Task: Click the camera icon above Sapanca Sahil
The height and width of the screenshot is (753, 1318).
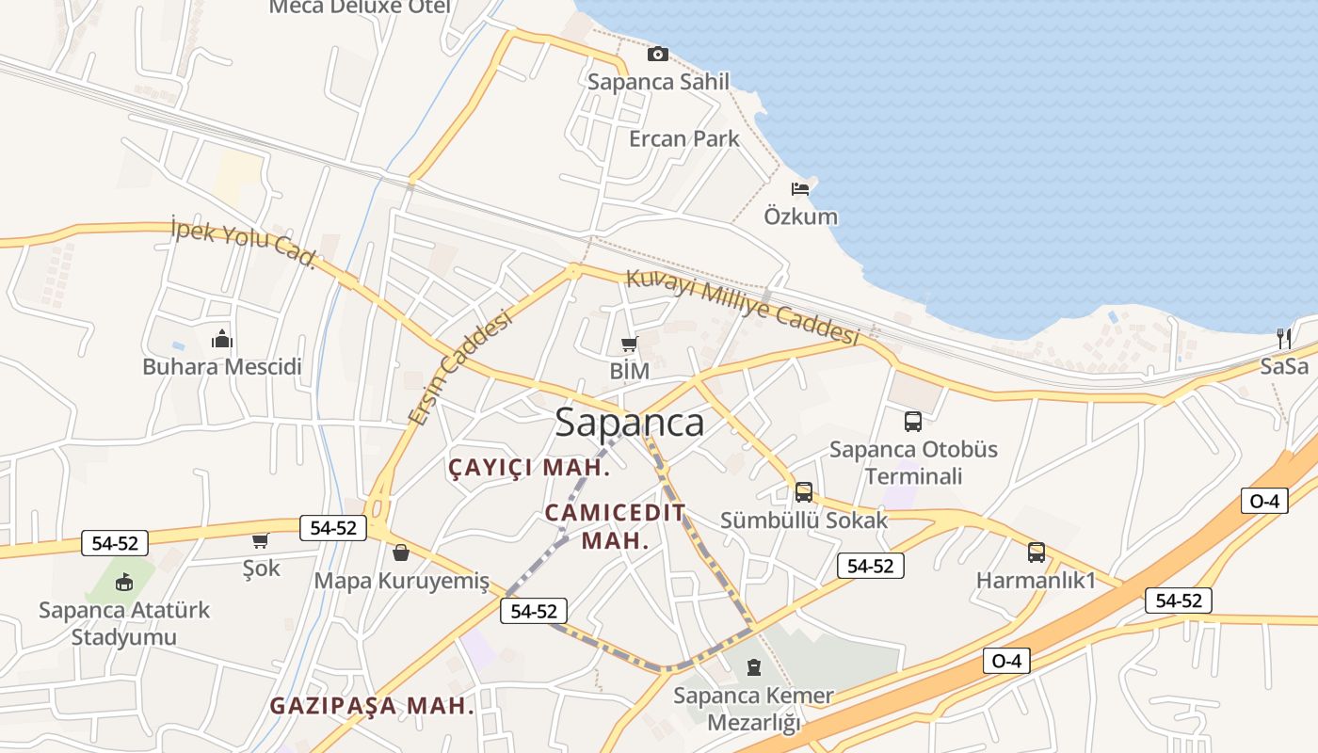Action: coord(658,55)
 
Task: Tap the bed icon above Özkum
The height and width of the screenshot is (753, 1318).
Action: coord(800,188)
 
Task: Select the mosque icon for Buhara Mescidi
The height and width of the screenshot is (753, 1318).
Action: coord(222,338)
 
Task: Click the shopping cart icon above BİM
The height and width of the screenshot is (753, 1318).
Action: coord(629,344)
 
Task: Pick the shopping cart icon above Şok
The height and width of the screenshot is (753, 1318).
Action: coord(261,540)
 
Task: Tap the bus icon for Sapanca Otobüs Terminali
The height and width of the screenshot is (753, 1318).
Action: coord(912,422)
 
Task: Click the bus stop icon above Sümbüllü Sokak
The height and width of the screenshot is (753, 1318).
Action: coord(803,491)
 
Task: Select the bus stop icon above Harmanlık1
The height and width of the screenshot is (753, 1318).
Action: coord(1036,553)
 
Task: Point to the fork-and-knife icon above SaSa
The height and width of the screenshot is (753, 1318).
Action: coord(1283,338)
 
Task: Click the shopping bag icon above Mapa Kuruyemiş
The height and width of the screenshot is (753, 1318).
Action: coord(401,553)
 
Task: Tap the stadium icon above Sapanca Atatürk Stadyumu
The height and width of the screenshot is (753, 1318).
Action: coord(124,582)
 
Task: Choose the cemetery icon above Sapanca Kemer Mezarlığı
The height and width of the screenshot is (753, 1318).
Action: coord(753,667)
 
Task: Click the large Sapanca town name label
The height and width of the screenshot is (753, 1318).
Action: coord(629,423)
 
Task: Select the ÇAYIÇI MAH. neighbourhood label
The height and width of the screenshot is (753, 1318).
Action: coord(529,467)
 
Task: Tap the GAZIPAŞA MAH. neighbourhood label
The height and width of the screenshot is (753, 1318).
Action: coord(372,706)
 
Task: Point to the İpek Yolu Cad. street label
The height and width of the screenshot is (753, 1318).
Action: coord(243,242)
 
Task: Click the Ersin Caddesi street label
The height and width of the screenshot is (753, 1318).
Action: coord(461,367)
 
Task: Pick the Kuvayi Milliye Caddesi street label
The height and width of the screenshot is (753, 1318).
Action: coord(744,307)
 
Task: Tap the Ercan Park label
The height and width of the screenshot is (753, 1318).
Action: coord(683,139)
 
